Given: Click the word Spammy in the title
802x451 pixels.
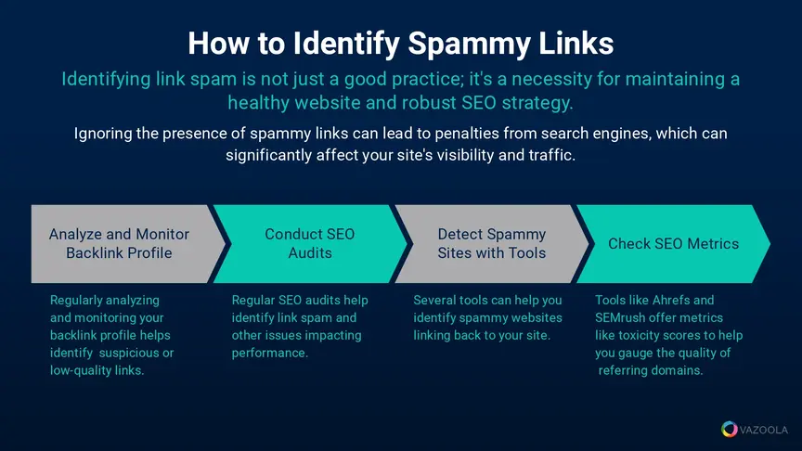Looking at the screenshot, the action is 469,44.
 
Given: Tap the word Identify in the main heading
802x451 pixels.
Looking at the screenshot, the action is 346,44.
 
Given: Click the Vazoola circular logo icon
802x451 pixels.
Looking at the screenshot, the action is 730,429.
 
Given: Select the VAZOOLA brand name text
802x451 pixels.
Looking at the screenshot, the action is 764,430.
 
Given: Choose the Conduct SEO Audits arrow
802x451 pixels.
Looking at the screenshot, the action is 310,244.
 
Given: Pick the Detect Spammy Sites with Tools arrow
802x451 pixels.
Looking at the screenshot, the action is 492,244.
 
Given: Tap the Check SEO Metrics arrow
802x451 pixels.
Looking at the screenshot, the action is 673,244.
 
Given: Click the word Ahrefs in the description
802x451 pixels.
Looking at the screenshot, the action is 666,300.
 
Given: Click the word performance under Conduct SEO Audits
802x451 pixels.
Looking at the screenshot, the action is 269,354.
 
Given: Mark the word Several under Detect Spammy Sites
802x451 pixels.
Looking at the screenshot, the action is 434,300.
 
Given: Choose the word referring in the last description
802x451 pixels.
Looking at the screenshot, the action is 623,370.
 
